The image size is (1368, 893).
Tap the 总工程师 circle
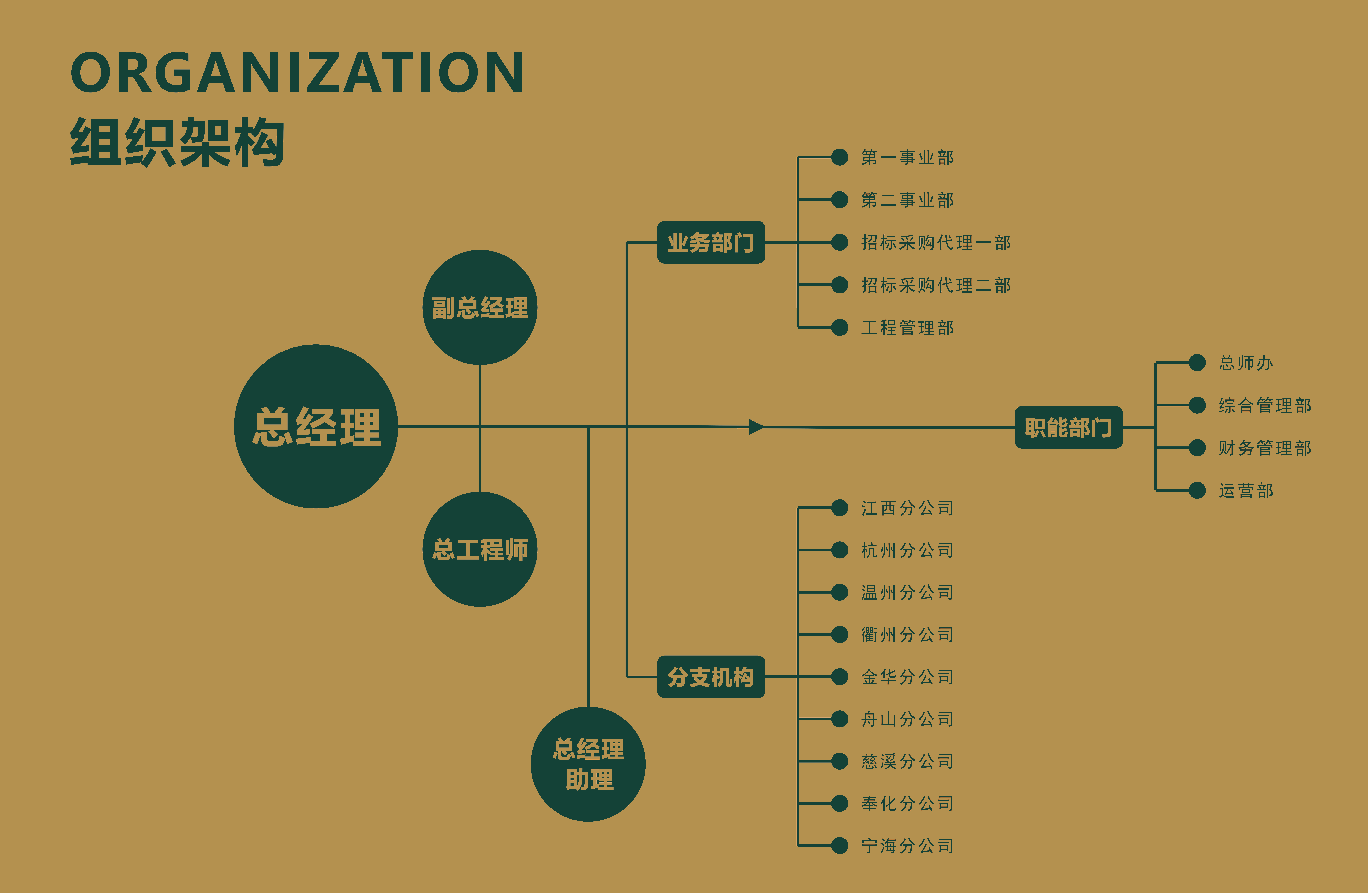pos(480,549)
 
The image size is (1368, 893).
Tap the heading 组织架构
pos(177,143)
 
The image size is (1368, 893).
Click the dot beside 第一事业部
pos(840,157)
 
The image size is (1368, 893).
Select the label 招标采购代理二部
pos(936,285)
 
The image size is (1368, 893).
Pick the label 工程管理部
pos(907,328)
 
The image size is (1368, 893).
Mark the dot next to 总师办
pos(1197,363)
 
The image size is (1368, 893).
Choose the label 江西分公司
pos(907,508)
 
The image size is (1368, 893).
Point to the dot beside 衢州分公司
pos(840,634)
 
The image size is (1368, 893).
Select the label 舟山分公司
pos(907,719)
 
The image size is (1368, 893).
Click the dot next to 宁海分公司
pos(840,845)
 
